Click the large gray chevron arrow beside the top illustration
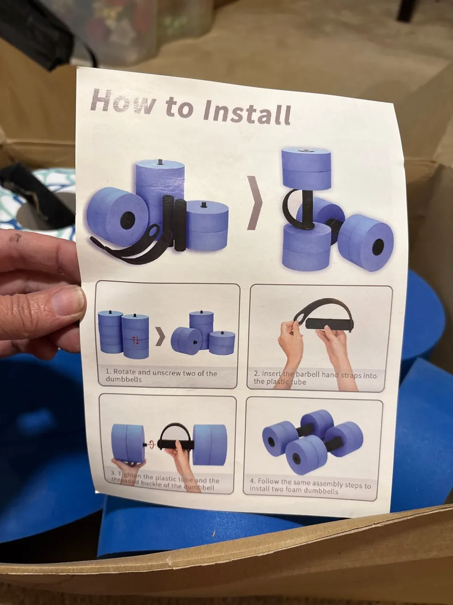[254, 203]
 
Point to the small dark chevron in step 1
[161, 338]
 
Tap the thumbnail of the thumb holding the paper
[68, 302]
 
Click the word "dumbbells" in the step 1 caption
[124, 380]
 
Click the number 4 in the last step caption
[252, 481]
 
